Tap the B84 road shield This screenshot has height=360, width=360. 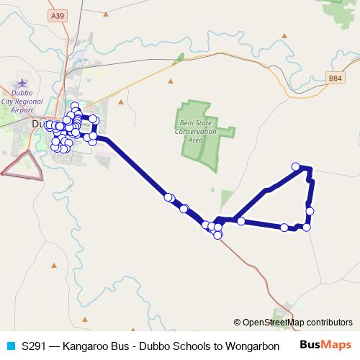(x=333, y=78)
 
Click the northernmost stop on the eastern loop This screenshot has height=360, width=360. (x=295, y=166)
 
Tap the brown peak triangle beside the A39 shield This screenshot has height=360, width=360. (x=107, y=14)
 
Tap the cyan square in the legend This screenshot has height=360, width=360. (x=10, y=346)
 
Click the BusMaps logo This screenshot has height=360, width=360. (x=325, y=345)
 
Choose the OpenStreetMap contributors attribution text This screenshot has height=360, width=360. (x=293, y=322)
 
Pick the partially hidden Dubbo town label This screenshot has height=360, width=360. (x=38, y=124)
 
